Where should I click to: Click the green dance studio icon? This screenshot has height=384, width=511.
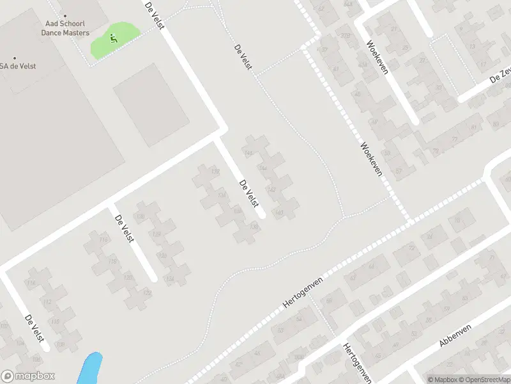click(114, 38)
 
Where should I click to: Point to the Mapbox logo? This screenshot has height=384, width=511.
click(28, 376)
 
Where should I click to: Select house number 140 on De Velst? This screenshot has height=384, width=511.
click(278, 212)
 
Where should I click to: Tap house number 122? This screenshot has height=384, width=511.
click(148, 293)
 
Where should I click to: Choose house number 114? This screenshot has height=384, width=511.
click(31, 283)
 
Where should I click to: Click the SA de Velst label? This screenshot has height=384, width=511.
click(18, 65)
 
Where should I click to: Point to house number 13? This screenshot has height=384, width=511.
click(473, 47)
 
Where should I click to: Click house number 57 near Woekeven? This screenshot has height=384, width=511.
click(399, 171)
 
